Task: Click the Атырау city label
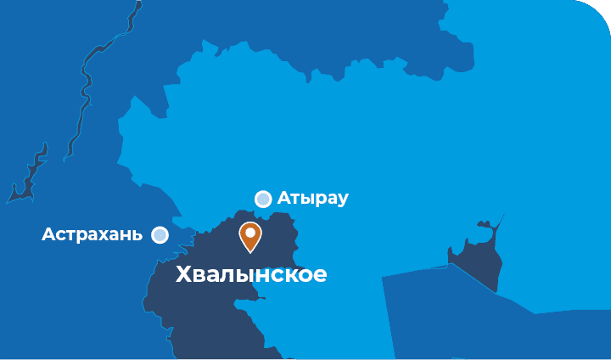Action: (312, 199)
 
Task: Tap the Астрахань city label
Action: (92, 234)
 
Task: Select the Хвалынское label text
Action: (250, 275)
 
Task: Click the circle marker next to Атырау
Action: (263, 199)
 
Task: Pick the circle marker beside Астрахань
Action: (160, 234)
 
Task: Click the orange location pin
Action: (250, 235)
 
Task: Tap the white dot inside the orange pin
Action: (250, 232)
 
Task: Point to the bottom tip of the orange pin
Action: (250, 252)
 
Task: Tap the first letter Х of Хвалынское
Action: (183, 275)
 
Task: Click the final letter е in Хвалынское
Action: (320, 276)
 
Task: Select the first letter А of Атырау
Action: (283, 199)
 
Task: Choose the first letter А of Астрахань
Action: (48, 234)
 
